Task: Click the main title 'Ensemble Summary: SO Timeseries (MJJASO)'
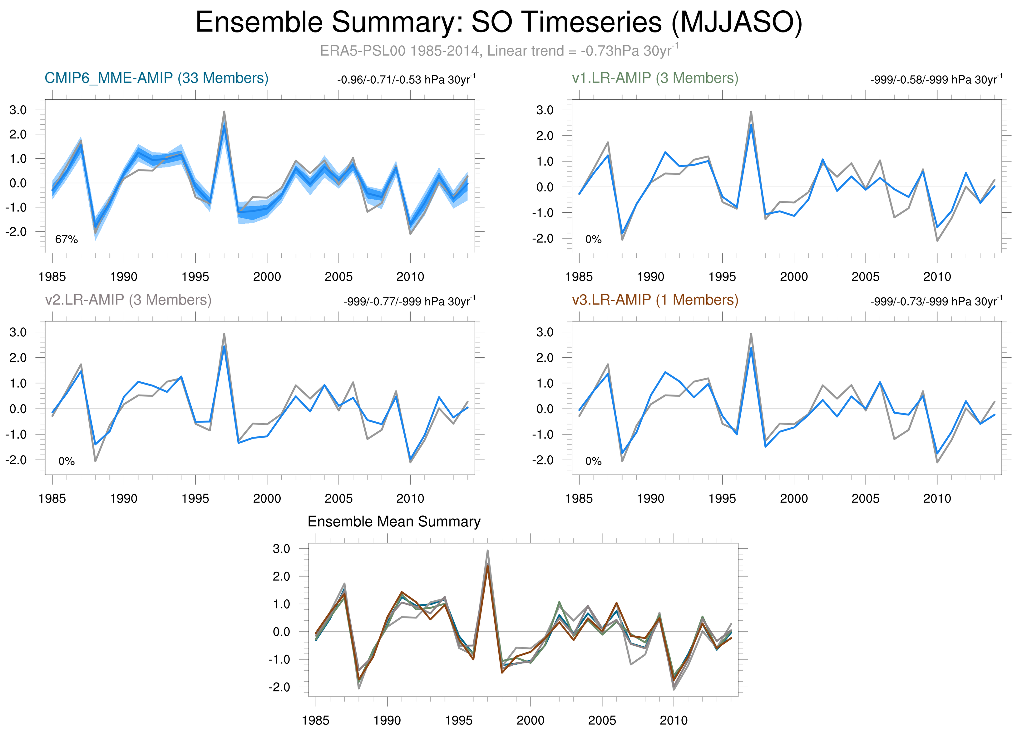[x=499, y=22]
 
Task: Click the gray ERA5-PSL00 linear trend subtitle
[x=499, y=51]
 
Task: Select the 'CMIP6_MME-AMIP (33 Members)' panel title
[x=156, y=78]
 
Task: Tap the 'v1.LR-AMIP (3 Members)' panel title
[x=655, y=78]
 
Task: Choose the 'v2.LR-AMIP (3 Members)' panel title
[x=128, y=300]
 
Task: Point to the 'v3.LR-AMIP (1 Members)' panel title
[x=655, y=300]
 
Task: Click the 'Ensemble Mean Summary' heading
[x=394, y=522]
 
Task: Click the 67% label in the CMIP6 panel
[x=67, y=240]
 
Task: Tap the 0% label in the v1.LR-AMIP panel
[x=593, y=240]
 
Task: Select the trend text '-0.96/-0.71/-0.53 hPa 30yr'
[x=406, y=80]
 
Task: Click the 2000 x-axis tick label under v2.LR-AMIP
[x=267, y=498]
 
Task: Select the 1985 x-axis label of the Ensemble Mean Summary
[x=316, y=720]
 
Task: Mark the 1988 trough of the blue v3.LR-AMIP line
[x=622, y=453]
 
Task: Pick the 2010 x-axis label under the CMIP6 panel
[x=410, y=277]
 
